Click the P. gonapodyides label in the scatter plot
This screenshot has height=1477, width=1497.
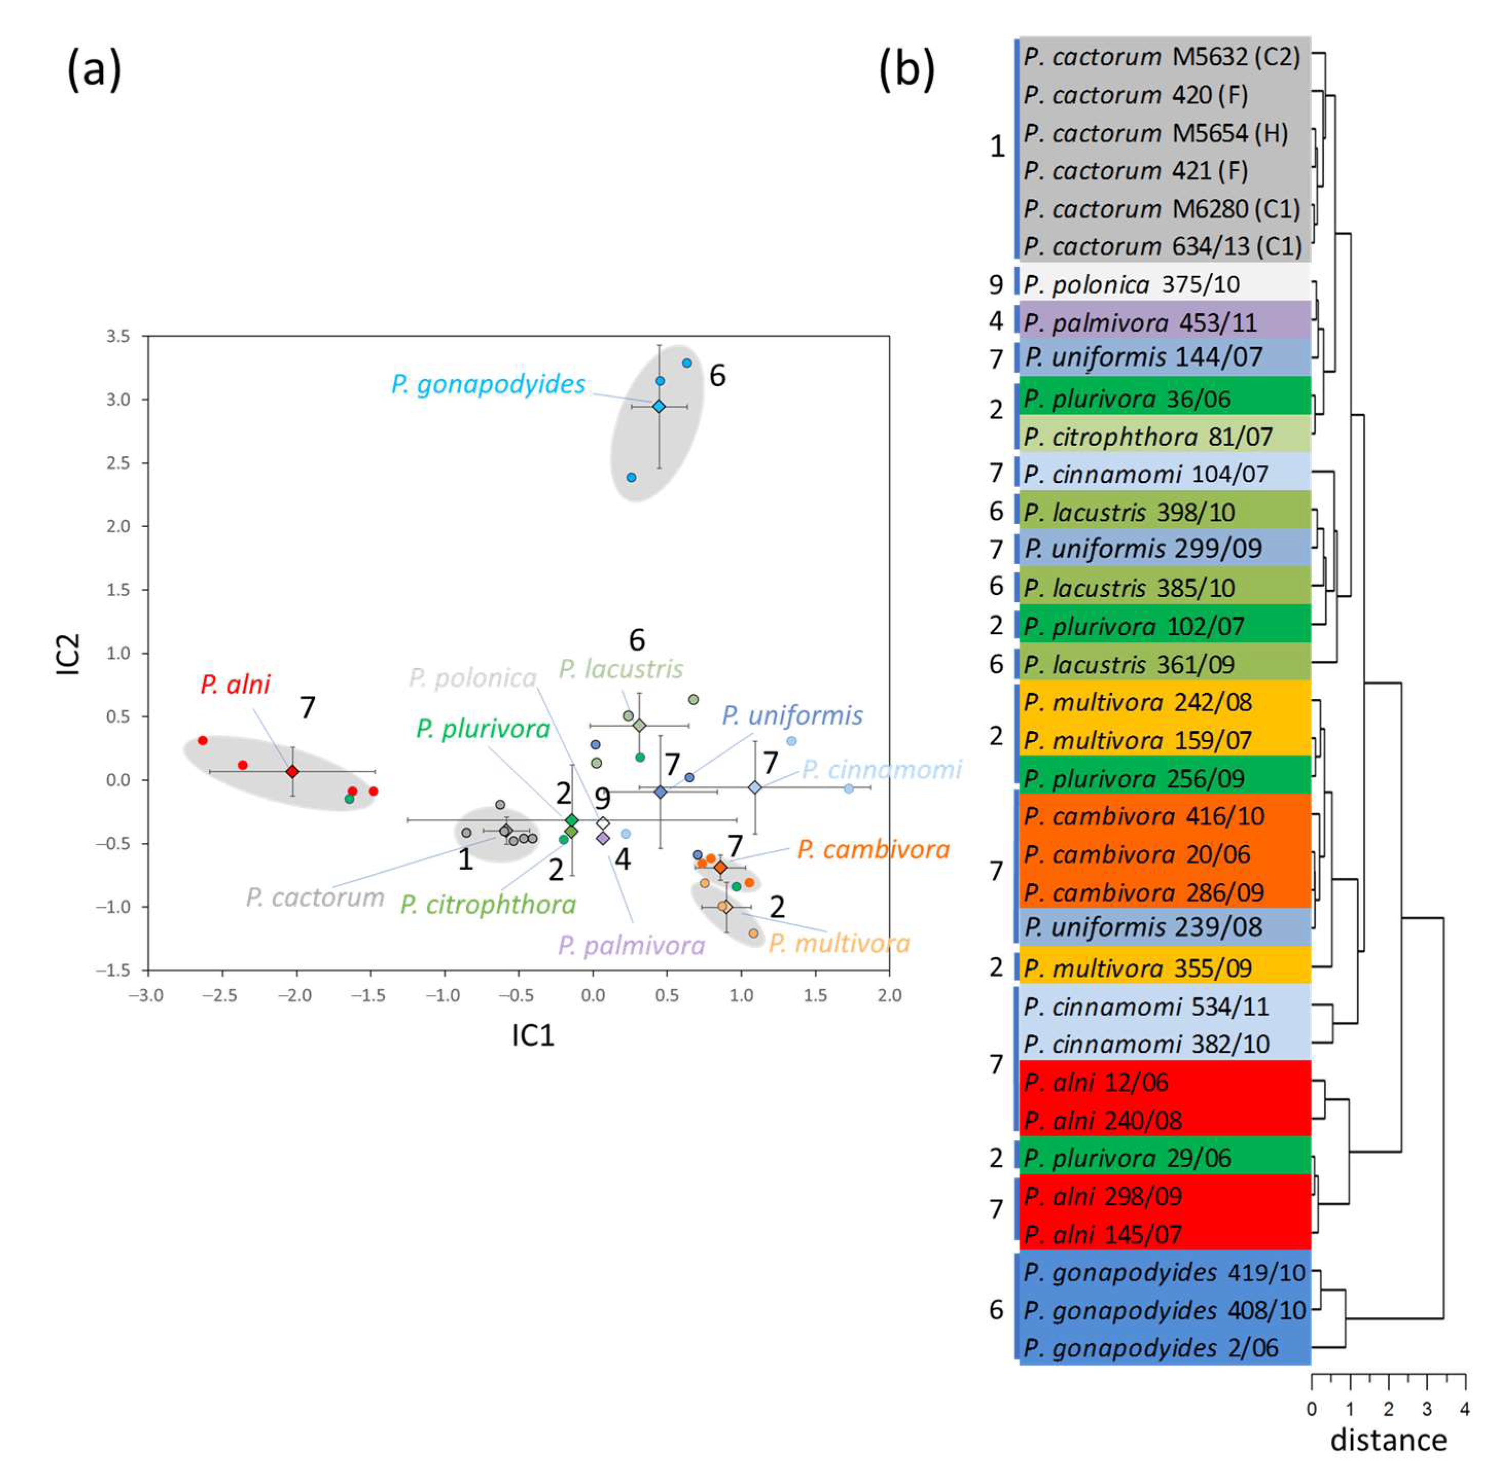[488, 384]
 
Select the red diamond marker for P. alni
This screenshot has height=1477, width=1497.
[292, 772]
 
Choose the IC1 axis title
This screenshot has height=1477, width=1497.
[533, 1035]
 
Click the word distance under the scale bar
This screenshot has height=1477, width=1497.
[1388, 1440]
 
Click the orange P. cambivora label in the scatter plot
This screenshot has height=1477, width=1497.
[873, 850]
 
